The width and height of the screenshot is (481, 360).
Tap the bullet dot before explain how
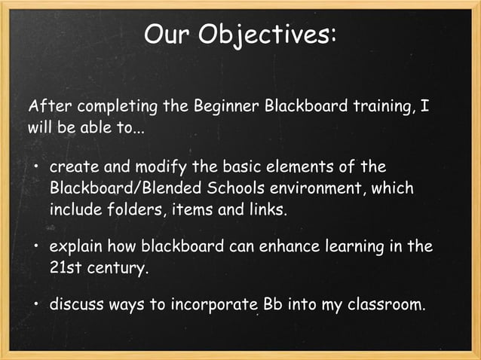pyautogui.click(x=35, y=247)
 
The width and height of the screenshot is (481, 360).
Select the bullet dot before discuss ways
pyautogui.click(x=35, y=307)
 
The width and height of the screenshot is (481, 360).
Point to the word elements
pyautogui.click(x=292, y=166)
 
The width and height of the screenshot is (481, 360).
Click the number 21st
pyautogui.click(x=66, y=267)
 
